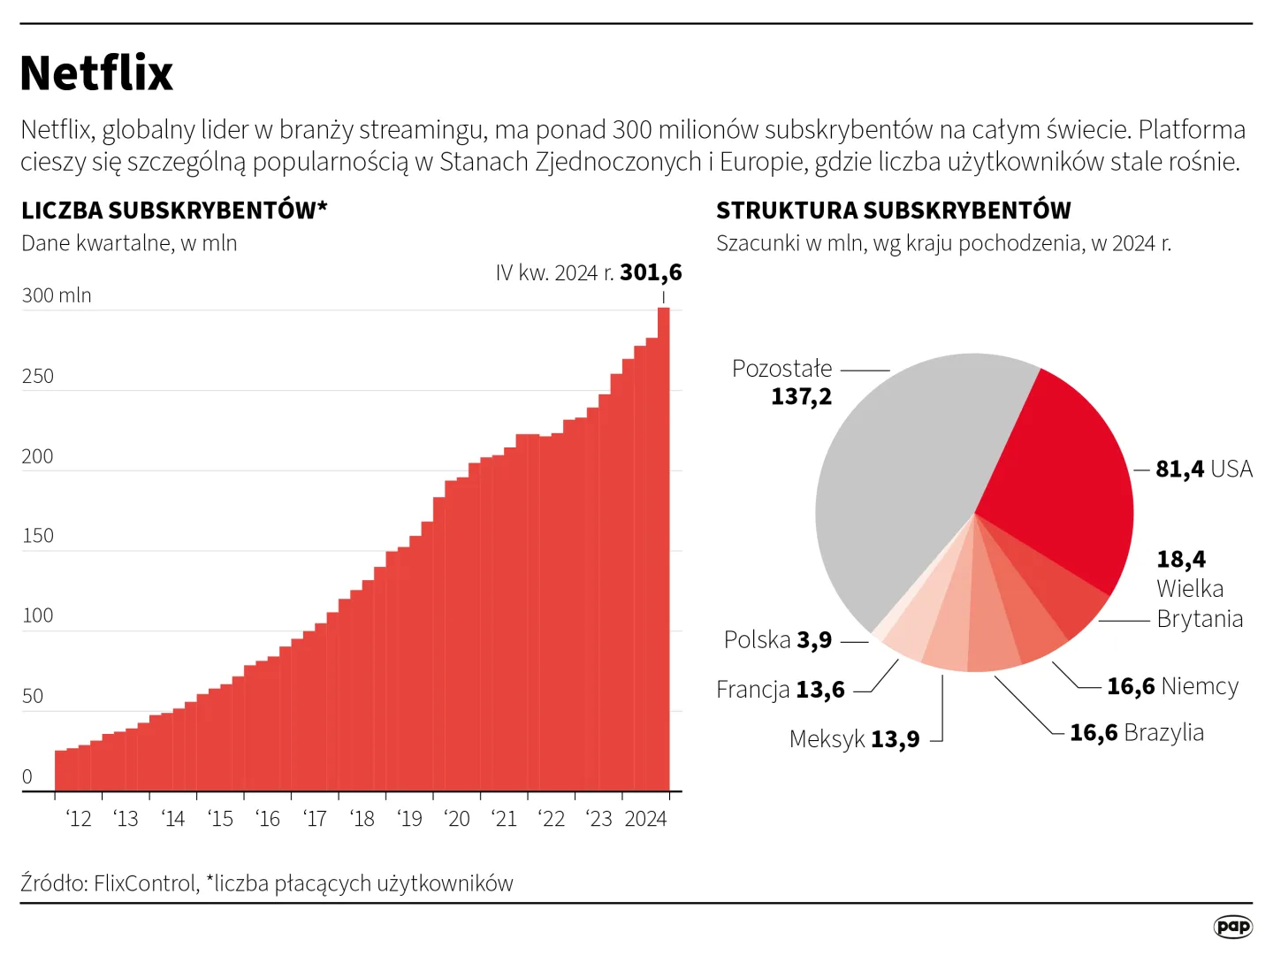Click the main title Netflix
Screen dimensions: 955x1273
pyautogui.click(x=96, y=73)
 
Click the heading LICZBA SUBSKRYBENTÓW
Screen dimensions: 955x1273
pyautogui.click(x=173, y=210)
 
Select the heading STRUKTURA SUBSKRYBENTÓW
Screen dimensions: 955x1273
pyautogui.click(x=893, y=210)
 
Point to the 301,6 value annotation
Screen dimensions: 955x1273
pyautogui.click(x=651, y=272)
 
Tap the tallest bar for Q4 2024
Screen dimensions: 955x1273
pyautogui.click(x=664, y=548)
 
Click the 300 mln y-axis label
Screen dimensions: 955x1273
pyautogui.click(x=57, y=295)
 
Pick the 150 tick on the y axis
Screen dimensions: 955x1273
pyautogui.click(x=38, y=536)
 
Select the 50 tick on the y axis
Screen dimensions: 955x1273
pyautogui.click(x=33, y=696)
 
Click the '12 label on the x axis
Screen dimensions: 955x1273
pyautogui.click(x=79, y=819)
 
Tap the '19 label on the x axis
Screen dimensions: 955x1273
pyautogui.click(x=409, y=819)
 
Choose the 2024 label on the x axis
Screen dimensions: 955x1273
pyautogui.click(x=645, y=819)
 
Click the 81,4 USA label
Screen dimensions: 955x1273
pyautogui.click(x=1204, y=469)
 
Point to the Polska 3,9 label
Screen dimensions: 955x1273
pyautogui.click(x=778, y=639)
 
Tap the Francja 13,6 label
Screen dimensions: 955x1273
pyautogui.click(x=781, y=689)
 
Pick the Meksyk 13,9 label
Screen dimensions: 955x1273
pyautogui.click(x=854, y=738)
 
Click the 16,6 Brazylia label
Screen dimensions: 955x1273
pyautogui.click(x=1137, y=732)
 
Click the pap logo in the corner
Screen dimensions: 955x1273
pyautogui.click(x=1232, y=926)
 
